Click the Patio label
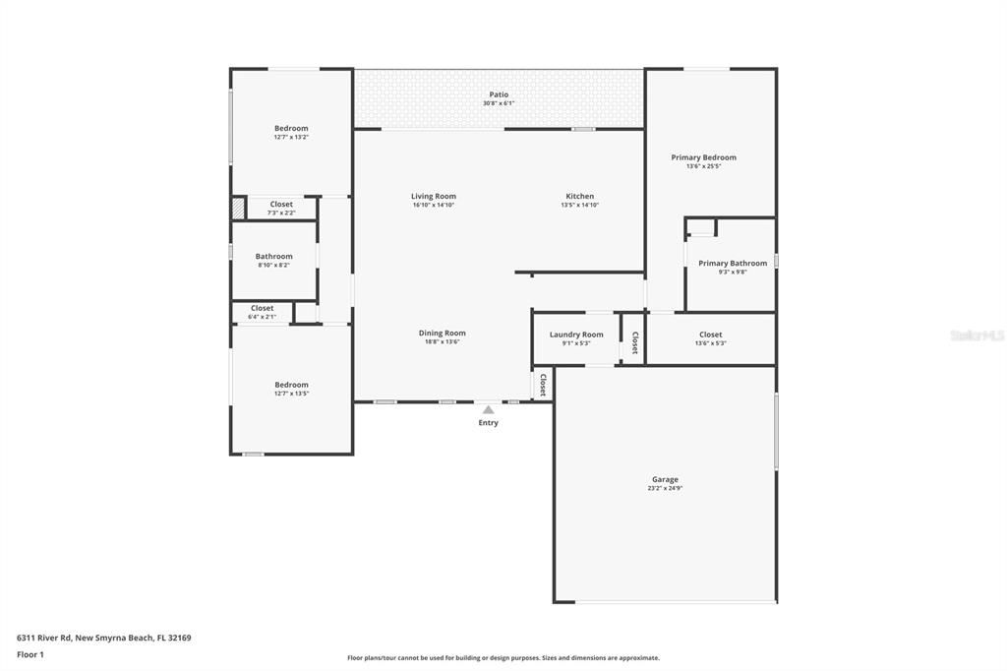[499, 94]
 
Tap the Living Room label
[433, 196]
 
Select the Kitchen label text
[579, 196]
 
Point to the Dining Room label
[442, 333]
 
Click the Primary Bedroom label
[703, 157]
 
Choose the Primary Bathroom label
[732, 263]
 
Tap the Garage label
[665, 479]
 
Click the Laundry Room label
[576, 335]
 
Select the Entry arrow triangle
[488, 409]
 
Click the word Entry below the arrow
[488, 423]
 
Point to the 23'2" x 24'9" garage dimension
[665, 489]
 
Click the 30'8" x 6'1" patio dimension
[499, 103]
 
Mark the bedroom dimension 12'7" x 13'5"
[291, 394]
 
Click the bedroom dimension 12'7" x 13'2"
[291, 137]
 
